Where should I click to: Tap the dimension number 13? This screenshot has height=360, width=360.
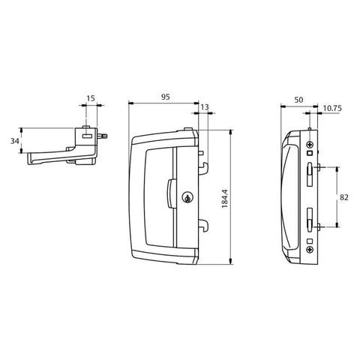tap(205, 109)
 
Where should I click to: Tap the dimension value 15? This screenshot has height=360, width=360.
tap(90, 97)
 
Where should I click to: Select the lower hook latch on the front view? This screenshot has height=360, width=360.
tap(202, 223)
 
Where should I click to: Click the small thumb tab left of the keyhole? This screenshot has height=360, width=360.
tap(170, 193)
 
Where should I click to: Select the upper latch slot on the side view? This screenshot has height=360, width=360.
tap(309, 170)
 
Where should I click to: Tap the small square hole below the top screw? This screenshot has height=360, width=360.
tap(310, 154)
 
